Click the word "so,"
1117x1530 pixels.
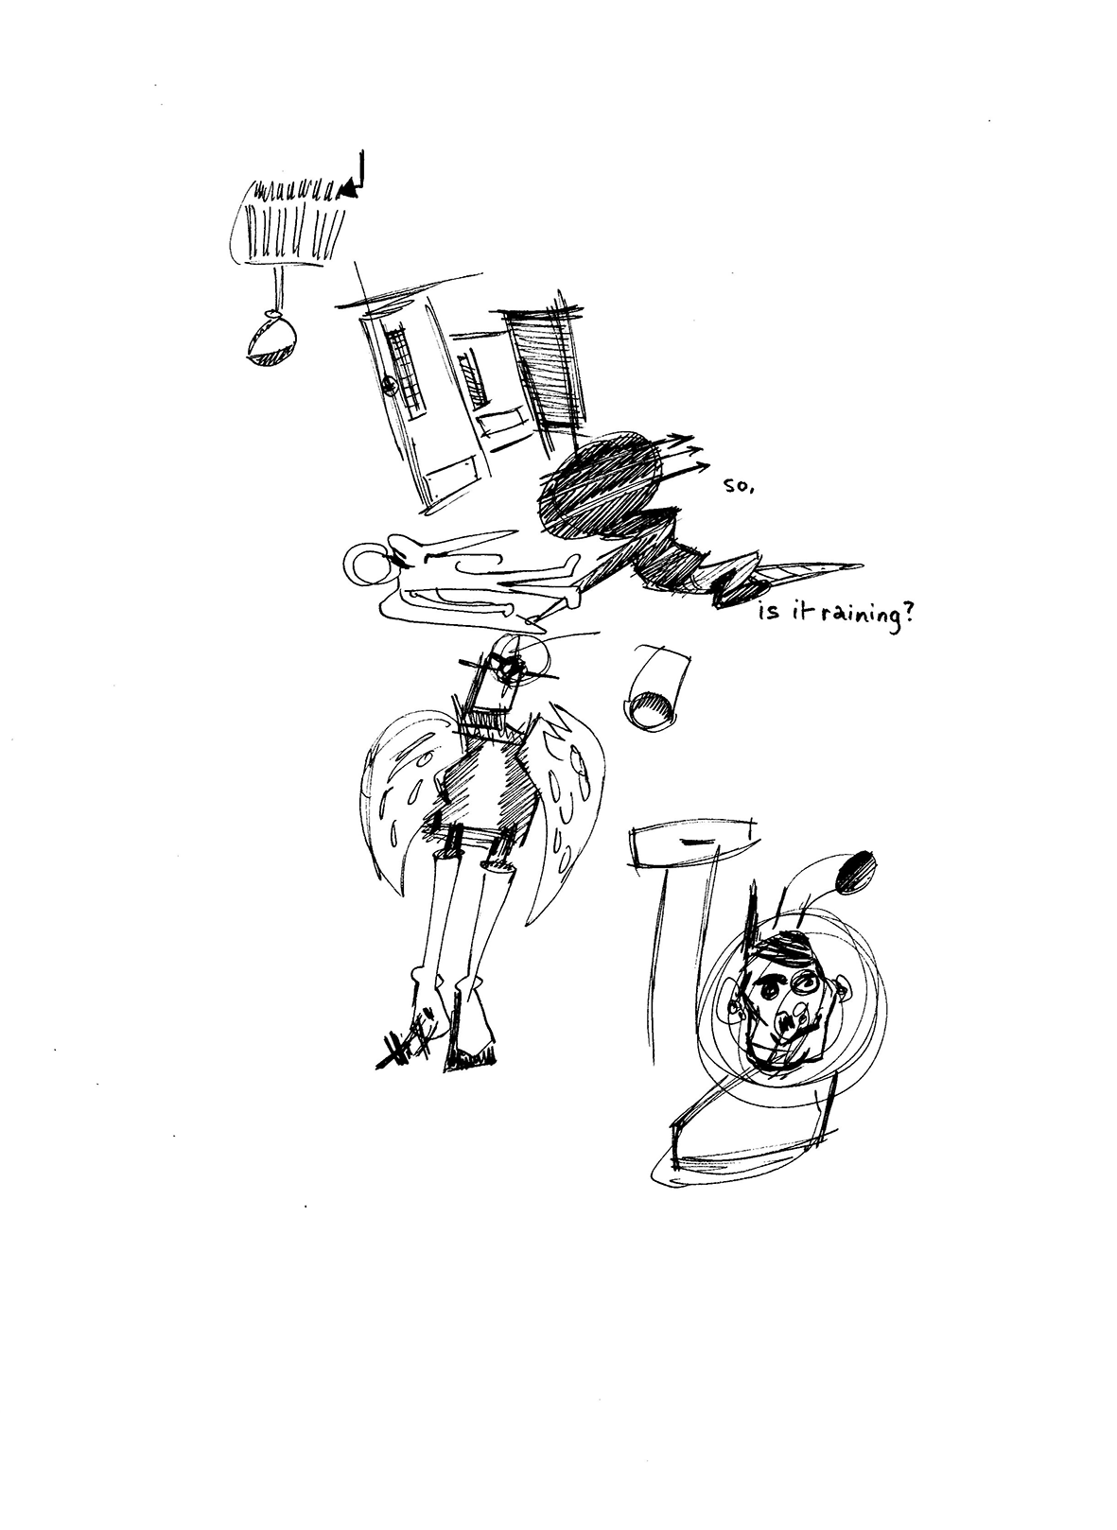738,488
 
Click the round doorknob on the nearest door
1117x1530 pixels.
390,388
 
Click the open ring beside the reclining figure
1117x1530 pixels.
368,562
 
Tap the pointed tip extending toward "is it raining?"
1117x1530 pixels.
861,566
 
